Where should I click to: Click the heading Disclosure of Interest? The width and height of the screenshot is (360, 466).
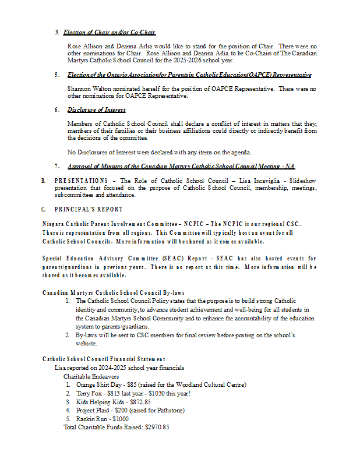96,110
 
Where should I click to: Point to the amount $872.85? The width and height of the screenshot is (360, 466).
139,402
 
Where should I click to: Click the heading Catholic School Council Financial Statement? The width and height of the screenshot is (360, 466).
104,359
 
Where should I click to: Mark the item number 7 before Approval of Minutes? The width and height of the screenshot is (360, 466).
57,166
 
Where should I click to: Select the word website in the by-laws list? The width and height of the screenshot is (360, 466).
86,344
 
